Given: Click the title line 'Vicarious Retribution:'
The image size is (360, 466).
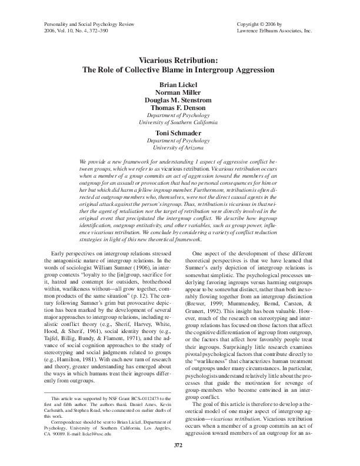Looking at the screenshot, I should point(180,61).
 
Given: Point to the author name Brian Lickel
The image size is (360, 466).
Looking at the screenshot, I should point(180,85).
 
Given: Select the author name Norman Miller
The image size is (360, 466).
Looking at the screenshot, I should point(180,92).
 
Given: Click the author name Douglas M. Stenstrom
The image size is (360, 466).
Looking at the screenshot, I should point(180,100).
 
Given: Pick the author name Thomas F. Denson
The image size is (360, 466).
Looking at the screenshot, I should point(180,108).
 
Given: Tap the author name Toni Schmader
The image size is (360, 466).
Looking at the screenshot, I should point(180,133).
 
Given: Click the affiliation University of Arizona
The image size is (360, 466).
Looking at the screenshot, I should point(180,148).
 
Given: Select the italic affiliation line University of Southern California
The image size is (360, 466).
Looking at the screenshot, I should point(180,122).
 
